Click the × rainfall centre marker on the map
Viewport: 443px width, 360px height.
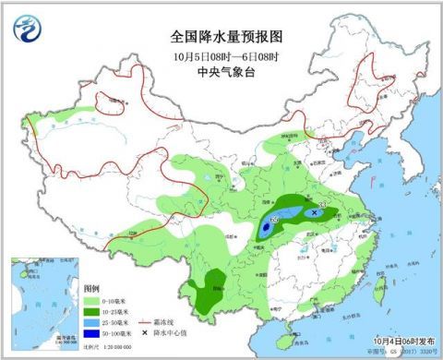pyautogui.click(x=315, y=211)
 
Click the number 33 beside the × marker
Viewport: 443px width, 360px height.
pyautogui.click(x=322, y=205)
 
